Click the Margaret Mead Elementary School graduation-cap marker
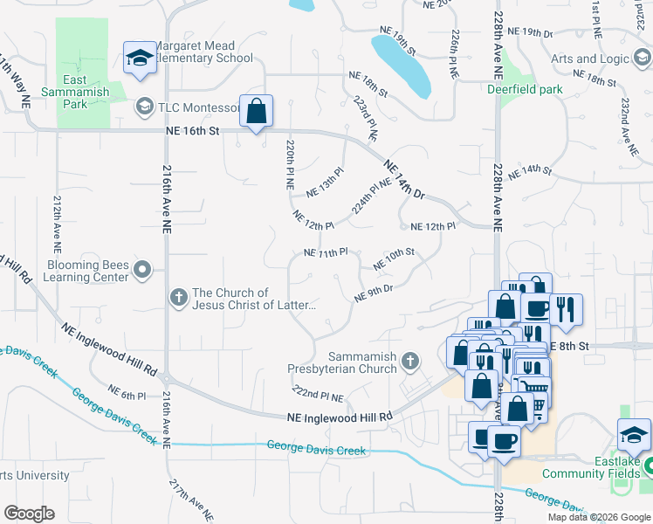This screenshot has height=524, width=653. click(139, 59)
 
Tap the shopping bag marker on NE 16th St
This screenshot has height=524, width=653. click(256, 112)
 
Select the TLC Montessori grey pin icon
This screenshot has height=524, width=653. click(143, 107)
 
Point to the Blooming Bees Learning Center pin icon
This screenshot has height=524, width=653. click(143, 272)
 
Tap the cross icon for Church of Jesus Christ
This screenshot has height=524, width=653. click(179, 299)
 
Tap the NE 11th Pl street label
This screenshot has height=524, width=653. click(326, 252)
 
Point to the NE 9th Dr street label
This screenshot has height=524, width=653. click(374, 293)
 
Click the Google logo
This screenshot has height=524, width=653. click(29, 514)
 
